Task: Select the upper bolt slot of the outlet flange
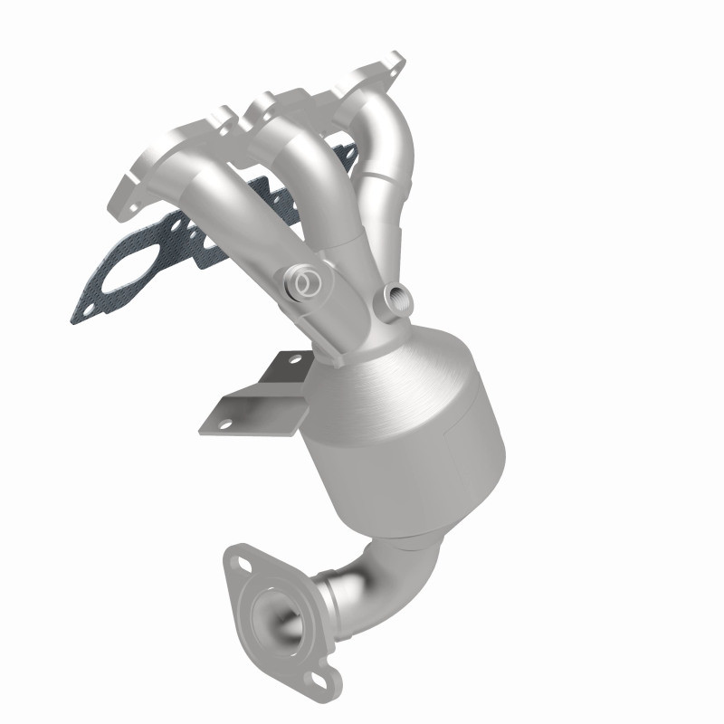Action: coord(242,563)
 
